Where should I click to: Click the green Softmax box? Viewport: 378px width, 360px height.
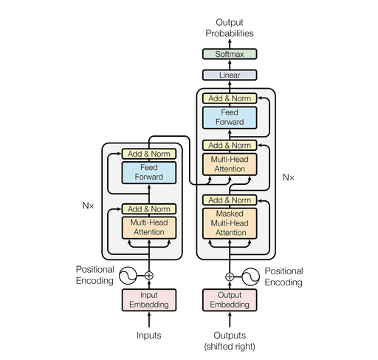pyautogui.click(x=229, y=54)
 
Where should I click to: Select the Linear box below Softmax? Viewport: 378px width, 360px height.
pyautogui.click(x=229, y=75)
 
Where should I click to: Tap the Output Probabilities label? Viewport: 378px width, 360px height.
pyautogui.click(x=229, y=28)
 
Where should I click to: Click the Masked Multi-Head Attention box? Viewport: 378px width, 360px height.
pyautogui.click(x=229, y=223)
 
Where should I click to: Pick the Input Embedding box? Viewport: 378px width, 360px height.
pyautogui.click(x=149, y=299)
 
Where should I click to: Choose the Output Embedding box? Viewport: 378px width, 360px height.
pyautogui.click(x=229, y=299)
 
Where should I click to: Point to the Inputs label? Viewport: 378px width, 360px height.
pyautogui.click(x=149, y=335)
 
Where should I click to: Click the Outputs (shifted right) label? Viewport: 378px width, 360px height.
pyautogui.click(x=229, y=339)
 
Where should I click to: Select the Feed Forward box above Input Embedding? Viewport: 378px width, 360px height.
pyautogui.click(x=149, y=173)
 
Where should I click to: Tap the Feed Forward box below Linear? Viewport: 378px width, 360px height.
pyautogui.click(x=229, y=117)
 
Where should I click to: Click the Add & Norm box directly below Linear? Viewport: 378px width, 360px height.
pyautogui.click(x=229, y=98)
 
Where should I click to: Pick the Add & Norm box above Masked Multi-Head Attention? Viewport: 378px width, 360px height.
pyautogui.click(x=229, y=200)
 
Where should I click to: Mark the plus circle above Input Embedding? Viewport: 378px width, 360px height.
pyautogui.click(x=149, y=276)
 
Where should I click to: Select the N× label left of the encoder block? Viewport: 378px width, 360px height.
pyautogui.click(x=88, y=205)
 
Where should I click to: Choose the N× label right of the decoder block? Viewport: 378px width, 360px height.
pyautogui.click(x=289, y=177)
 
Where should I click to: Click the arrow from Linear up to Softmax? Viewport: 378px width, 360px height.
pyautogui.click(x=229, y=64)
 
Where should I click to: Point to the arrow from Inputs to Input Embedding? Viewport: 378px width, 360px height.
pyautogui.click(x=149, y=319)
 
